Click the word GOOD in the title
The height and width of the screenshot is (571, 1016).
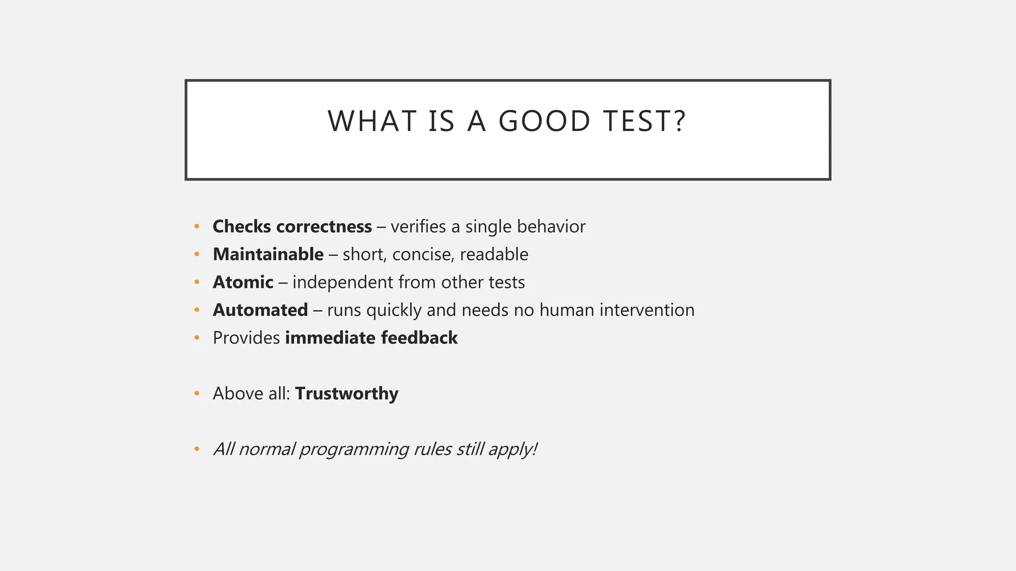pyautogui.click(x=544, y=121)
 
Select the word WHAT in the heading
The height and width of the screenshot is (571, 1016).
pyautogui.click(x=372, y=121)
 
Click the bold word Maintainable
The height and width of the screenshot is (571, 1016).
pyautogui.click(x=268, y=254)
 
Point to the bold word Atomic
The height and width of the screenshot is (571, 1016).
pyautogui.click(x=243, y=282)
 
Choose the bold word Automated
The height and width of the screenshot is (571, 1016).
pyautogui.click(x=260, y=310)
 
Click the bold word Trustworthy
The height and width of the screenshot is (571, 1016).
pyautogui.click(x=346, y=394)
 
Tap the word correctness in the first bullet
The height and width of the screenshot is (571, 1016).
pyautogui.click(x=324, y=227)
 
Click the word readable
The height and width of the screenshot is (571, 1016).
pyautogui.click(x=494, y=254)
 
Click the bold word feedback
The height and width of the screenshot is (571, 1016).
pyautogui.click(x=419, y=338)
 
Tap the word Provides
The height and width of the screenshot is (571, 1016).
pyautogui.click(x=246, y=338)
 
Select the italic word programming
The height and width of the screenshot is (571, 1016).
pyautogui.click(x=354, y=450)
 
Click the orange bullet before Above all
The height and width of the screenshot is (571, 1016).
pyautogui.click(x=197, y=394)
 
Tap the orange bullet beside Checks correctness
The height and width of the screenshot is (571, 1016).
pyautogui.click(x=197, y=227)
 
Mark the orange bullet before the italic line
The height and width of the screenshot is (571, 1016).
pyautogui.click(x=197, y=449)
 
